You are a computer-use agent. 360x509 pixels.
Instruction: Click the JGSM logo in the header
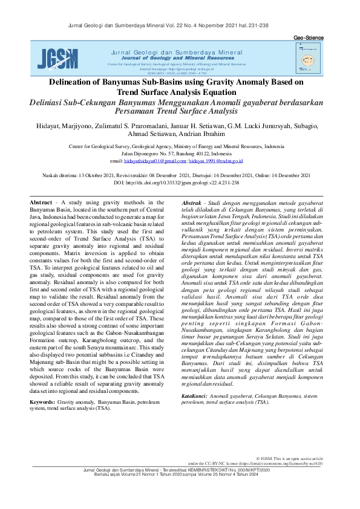click(x=53, y=58)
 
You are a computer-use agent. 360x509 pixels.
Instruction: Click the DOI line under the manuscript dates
click(x=180, y=183)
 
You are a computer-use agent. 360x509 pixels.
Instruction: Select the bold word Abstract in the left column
click(x=42, y=202)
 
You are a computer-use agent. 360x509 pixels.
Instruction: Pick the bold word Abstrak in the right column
click(x=192, y=202)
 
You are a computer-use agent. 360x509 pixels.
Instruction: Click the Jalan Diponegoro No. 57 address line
click(x=180, y=154)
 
